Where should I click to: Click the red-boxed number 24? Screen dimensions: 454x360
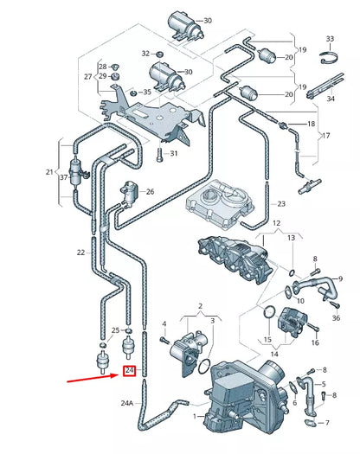pos(130,370)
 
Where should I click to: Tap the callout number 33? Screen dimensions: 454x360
pos(330,40)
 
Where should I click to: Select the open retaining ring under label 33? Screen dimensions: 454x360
pos(329,59)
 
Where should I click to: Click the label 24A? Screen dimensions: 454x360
pos(127,403)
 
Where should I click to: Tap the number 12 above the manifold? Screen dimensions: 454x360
pos(276,223)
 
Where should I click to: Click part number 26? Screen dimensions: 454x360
pos(150,192)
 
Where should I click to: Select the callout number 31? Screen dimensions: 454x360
pos(173,154)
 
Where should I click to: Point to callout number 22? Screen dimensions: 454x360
pos(80,253)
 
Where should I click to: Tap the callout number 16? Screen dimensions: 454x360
pos(315,343)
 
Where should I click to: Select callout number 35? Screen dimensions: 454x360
pos(147,91)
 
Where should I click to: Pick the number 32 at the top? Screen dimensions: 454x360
pos(145,53)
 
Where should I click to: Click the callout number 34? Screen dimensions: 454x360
pos(330,99)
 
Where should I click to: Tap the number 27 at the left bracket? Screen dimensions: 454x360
pos(88,76)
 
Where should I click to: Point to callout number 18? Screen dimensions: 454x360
pos(312,125)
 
